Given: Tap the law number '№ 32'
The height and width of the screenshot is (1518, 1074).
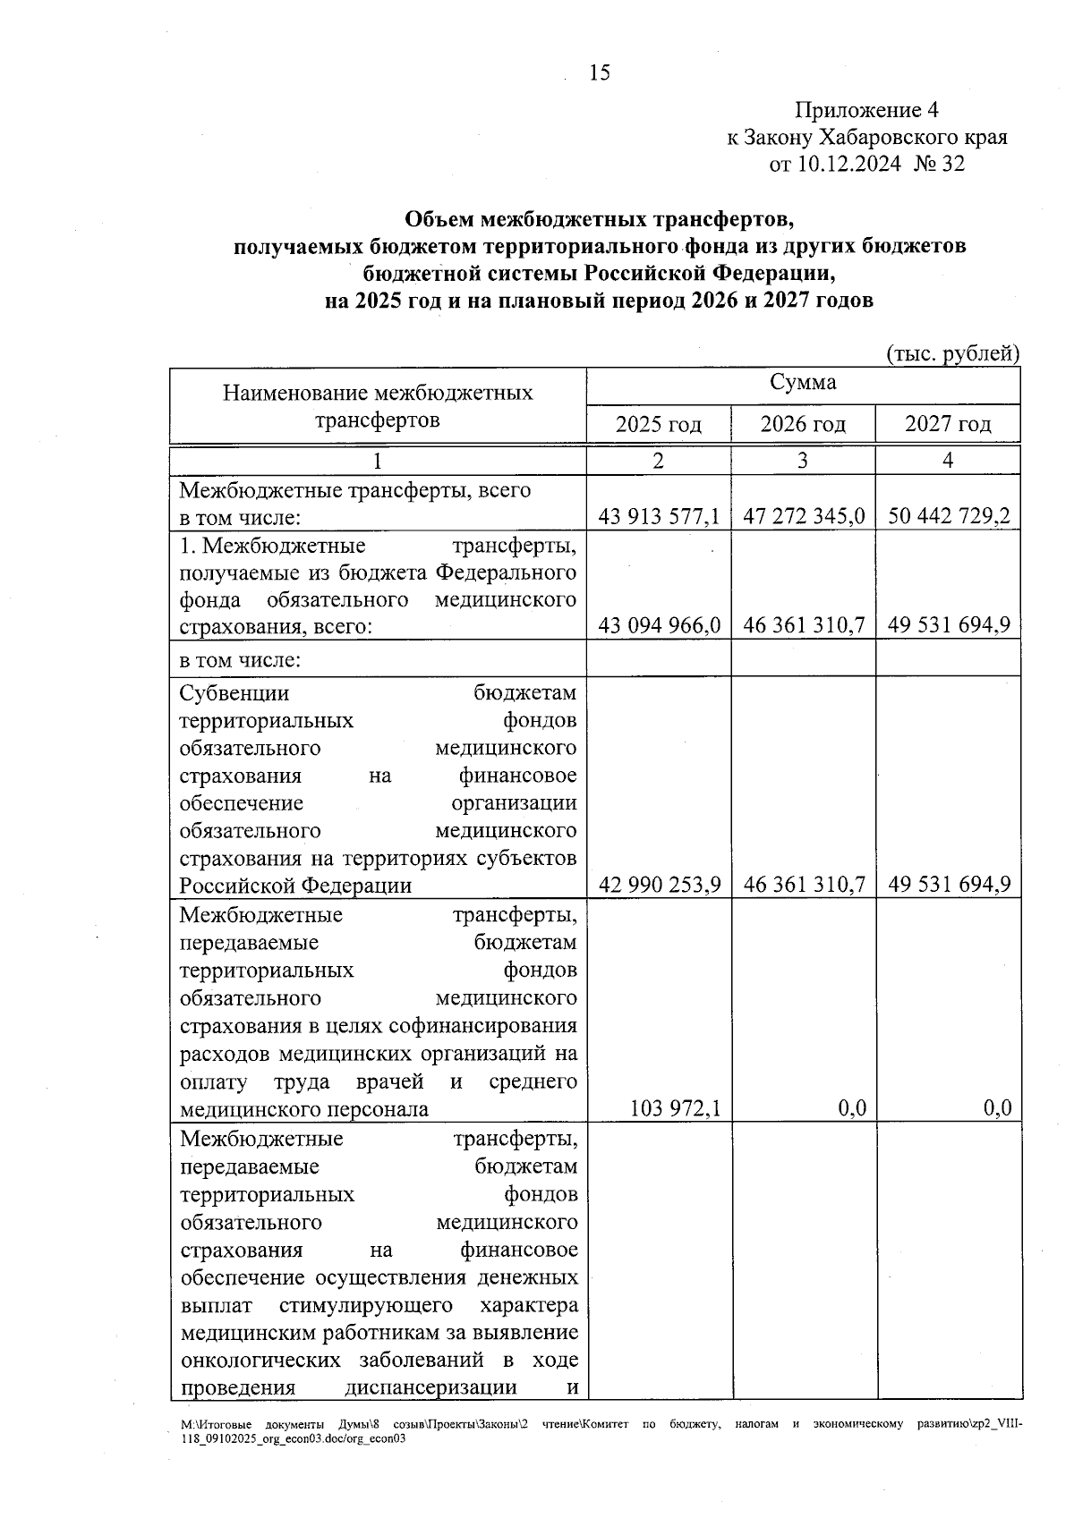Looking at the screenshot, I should (x=940, y=165).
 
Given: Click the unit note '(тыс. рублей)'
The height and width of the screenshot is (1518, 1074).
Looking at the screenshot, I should (x=953, y=353).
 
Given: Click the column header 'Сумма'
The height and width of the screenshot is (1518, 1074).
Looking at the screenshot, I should (x=803, y=383).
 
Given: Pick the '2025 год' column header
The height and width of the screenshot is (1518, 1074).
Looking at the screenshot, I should (x=658, y=424).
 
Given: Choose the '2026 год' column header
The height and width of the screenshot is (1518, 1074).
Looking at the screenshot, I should (x=803, y=424).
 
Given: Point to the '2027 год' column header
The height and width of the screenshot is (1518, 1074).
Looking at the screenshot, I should (x=948, y=424).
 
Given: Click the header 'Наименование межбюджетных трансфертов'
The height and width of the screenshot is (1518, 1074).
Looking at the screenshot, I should (x=378, y=406).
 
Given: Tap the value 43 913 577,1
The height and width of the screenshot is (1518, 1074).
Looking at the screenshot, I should (x=659, y=517).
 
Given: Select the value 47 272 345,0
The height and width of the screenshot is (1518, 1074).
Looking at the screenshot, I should (x=804, y=517).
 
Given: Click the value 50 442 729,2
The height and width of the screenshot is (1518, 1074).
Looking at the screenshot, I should (x=949, y=517).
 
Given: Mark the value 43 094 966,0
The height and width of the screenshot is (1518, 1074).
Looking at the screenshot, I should (x=659, y=625).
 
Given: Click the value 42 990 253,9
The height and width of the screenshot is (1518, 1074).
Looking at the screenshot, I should (x=659, y=885).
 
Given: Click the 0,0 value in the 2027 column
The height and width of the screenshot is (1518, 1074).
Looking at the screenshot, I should (x=997, y=1109).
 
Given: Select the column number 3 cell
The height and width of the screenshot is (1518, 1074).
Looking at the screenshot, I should (x=803, y=461).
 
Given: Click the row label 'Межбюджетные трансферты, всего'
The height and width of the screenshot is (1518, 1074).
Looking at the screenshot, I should (x=354, y=490).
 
